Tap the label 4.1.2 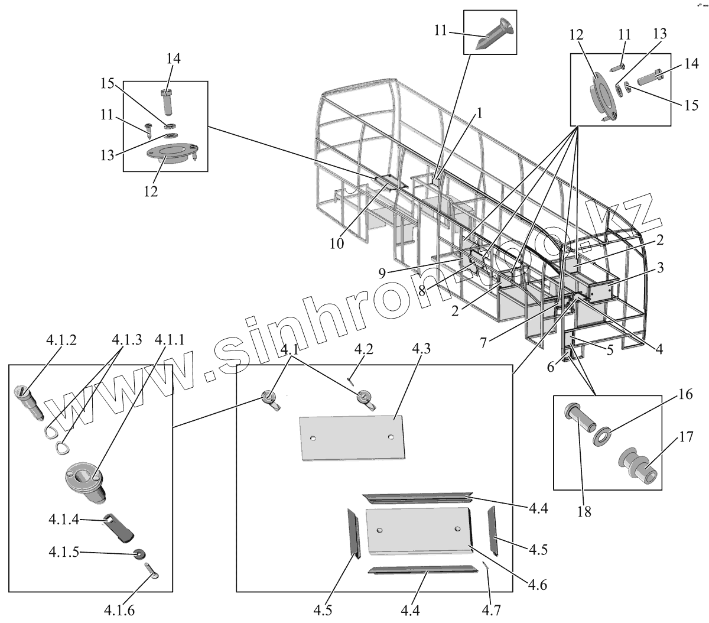point(61,340)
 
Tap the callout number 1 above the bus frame point(480,113)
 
